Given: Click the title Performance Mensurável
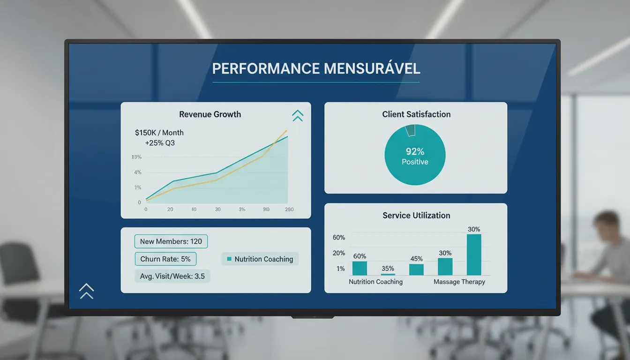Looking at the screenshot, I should pos(316,68).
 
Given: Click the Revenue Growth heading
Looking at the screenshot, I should pos(210,114).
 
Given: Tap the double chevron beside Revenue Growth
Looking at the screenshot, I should pos(298,115).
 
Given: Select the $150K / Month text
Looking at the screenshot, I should pos(159,133).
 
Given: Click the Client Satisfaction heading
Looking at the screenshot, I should pos(416,114).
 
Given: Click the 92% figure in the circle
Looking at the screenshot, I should pos(415,151).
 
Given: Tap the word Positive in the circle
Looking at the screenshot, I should pos(415,162).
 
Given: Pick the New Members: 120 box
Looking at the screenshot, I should pos(171,241).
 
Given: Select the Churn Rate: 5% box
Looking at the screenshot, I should pos(165,259).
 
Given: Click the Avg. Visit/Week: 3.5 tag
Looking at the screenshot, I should pos(172,276).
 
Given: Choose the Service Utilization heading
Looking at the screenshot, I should pos(416,216).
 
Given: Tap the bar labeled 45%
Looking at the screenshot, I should pos(416,270).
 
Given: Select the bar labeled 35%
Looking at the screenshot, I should pos(388,274).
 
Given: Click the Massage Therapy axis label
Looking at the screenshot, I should pos(459,282).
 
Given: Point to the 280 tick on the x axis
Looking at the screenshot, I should pos(289,210).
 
